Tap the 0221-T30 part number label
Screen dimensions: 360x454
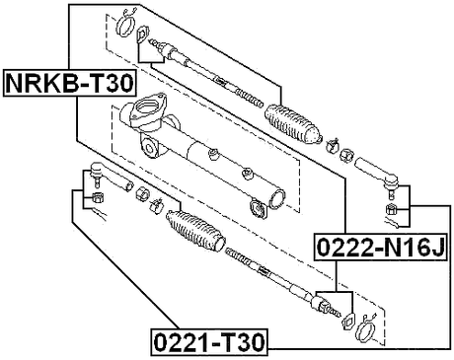(x=207, y=343)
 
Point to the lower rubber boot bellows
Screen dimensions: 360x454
(x=196, y=236)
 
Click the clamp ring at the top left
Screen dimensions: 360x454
(x=123, y=21)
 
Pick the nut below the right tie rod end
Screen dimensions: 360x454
(x=393, y=210)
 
